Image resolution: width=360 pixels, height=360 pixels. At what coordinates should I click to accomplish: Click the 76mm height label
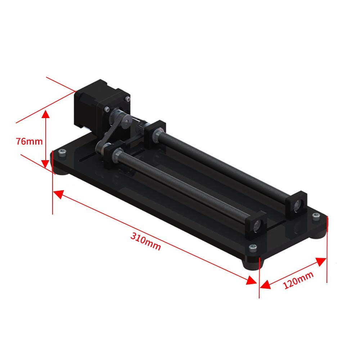[x=30, y=141]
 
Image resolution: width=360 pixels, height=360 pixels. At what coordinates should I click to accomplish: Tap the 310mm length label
[x=145, y=241]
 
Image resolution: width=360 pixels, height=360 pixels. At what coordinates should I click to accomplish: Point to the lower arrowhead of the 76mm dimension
[x=46, y=163]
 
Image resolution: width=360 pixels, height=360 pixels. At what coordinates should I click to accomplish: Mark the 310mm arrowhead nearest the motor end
[x=58, y=194]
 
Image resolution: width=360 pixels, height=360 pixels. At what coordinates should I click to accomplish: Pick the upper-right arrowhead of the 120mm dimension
[x=321, y=261]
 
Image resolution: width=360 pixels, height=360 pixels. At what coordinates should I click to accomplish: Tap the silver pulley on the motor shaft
[x=116, y=114]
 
